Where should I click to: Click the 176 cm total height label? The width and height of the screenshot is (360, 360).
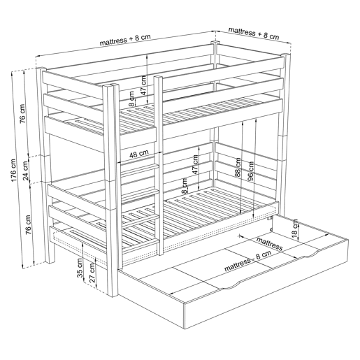[x=13, y=171]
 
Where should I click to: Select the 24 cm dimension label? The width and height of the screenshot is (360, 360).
[x=26, y=171]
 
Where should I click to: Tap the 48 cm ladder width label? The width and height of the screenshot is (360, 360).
[x=139, y=154]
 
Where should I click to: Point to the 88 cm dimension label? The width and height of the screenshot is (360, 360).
[x=238, y=168]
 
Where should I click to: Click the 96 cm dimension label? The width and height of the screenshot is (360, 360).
[x=251, y=171]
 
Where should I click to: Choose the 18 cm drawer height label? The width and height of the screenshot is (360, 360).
[x=295, y=229]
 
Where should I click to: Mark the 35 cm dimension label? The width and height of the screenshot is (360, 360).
[x=80, y=268]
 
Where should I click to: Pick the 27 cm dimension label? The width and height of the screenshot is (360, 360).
[x=92, y=273]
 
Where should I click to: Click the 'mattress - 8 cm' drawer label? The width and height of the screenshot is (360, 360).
[x=247, y=261]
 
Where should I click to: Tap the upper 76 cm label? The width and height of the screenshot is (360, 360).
[x=22, y=114]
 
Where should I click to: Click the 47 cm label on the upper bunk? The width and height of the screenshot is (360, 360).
[x=144, y=85]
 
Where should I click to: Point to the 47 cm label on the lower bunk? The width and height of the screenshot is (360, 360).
[x=195, y=164]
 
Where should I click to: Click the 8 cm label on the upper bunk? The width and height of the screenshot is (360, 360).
[x=132, y=99]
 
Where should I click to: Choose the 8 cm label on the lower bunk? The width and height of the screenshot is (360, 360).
[x=185, y=186]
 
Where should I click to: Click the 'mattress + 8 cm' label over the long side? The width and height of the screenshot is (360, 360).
[x=125, y=39]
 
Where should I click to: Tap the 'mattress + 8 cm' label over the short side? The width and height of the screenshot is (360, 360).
[x=254, y=34]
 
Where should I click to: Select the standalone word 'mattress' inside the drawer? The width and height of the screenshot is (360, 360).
[x=270, y=243]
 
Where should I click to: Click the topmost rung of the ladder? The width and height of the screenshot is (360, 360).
[x=139, y=169]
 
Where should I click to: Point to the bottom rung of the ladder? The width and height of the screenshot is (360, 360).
[x=139, y=245]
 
